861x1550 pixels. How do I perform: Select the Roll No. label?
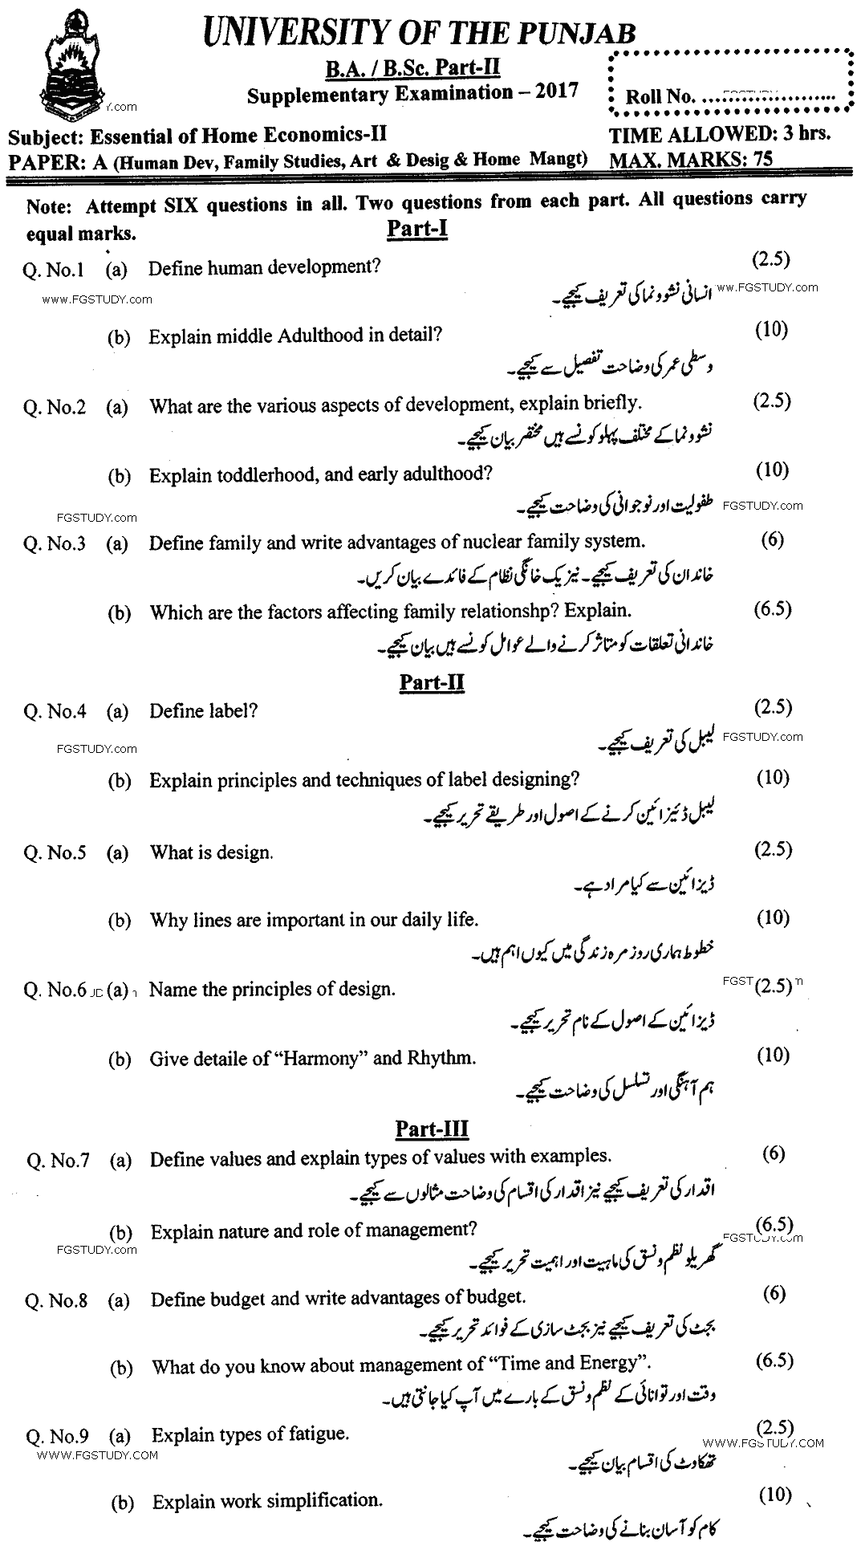[x=660, y=97]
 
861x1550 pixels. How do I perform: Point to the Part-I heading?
[x=416, y=229]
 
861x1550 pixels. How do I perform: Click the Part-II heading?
[x=432, y=682]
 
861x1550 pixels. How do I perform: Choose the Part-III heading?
[x=432, y=1129]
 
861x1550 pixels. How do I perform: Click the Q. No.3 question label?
[x=55, y=543]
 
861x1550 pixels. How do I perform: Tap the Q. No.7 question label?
[x=58, y=1160]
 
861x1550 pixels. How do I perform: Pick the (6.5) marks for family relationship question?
[x=773, y=608]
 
